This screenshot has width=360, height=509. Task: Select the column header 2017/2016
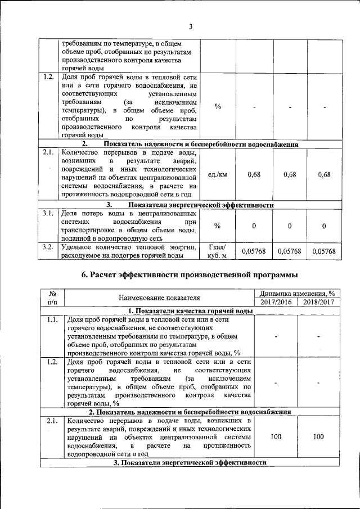[x=276, y=302]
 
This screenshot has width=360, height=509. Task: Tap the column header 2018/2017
[x=318, y=302]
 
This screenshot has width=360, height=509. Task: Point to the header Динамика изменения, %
[x=297, y=293]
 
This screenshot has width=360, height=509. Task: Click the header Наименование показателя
[x=159, y=298]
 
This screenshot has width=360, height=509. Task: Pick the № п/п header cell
[x=52, y=298]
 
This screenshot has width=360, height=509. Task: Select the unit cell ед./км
[x=217, y=174]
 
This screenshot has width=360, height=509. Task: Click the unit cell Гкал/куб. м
[x=217, y=251]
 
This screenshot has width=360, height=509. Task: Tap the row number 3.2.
[x=48, y=247]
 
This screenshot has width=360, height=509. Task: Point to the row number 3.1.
[x=48, y=213]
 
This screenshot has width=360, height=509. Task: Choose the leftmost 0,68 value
[x=254, y=174]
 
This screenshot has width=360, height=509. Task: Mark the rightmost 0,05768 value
[x=324, y=251]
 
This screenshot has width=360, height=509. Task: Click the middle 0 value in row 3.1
[x=289, y=226]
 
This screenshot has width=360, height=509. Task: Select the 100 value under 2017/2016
[x=276, y=436]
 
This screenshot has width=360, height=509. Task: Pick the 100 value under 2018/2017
[x=318, y=436]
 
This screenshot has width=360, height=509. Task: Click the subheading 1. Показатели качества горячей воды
[x=186, y=311]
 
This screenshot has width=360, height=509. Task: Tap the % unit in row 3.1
[x=217, y=226]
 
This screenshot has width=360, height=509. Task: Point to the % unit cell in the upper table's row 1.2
[x=217, y=107]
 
